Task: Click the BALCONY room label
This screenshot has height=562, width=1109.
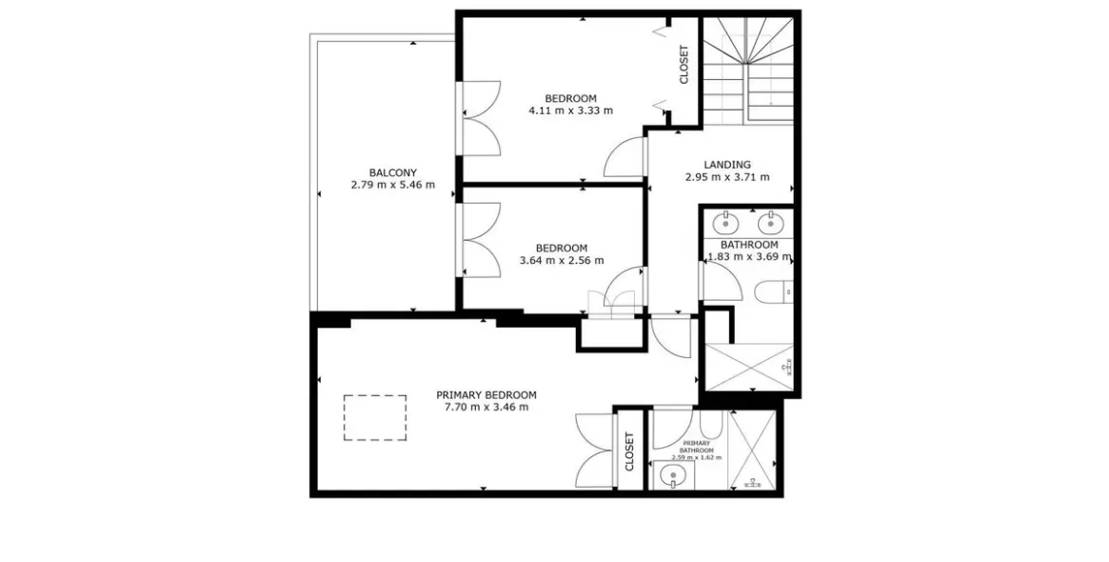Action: [392, 172]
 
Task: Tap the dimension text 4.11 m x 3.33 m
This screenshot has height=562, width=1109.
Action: [571, 110]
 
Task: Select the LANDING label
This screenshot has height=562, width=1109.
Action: [727, 164]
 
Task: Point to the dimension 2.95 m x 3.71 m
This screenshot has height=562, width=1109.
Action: [727, 177]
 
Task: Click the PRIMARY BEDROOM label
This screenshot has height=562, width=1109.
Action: [485, 395]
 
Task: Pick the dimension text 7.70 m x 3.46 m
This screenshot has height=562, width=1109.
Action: [485, 407]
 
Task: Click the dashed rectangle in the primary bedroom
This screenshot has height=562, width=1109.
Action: [376, 417]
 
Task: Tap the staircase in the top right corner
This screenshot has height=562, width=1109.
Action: [748, 70]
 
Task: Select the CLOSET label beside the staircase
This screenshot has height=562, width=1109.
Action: [683, 65]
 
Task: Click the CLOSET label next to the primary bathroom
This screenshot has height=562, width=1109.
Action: [629, 452]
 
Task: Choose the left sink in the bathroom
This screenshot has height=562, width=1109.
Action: [725, 225]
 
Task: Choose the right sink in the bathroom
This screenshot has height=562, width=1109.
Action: [769, 225]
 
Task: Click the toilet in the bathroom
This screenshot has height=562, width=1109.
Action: [773, 291]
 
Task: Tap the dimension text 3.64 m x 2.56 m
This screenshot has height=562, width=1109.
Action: [562, 260]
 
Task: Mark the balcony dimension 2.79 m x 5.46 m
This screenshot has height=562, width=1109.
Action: [392, 185]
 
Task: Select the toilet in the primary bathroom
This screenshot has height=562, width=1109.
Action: [710, 426]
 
